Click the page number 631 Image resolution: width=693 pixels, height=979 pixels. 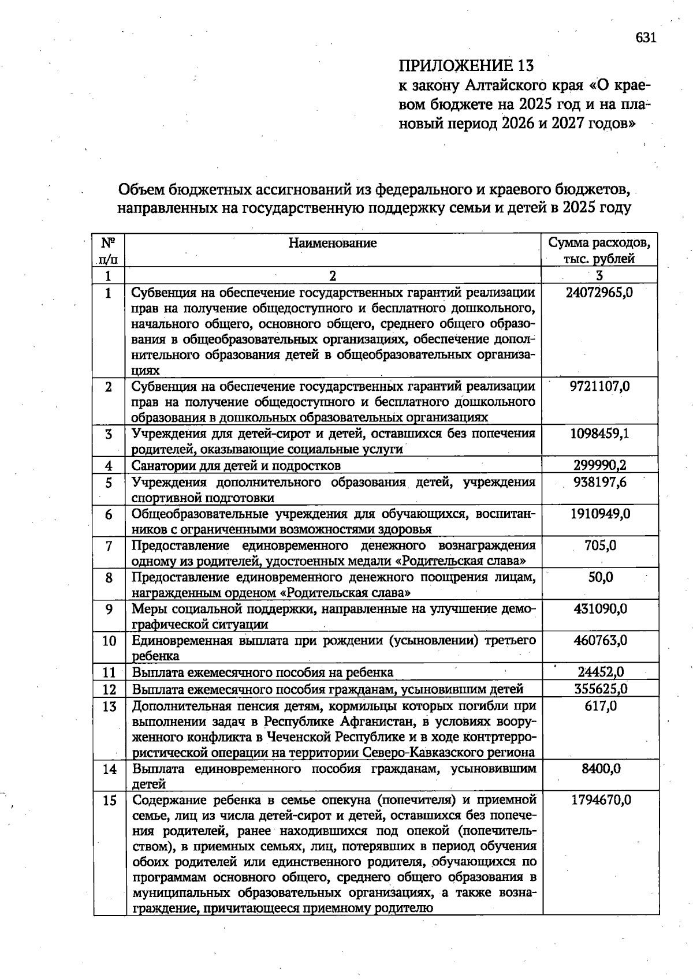[x=646, y=38]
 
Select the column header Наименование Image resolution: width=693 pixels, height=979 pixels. [x=333, y=243]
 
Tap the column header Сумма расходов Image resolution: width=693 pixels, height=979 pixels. [x=599, y=243]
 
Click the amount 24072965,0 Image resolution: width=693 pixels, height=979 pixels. [x=599, y=293]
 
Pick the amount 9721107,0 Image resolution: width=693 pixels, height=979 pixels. [x=599, y=386]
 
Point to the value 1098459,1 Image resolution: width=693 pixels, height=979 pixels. [x=599, y=434]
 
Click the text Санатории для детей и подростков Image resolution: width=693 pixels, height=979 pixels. [x=236, y=465]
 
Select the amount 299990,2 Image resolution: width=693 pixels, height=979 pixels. [x=599, y=465]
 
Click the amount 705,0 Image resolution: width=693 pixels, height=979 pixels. [x=600, y=545]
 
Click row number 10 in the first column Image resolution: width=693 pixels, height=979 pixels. [x=109, y=641]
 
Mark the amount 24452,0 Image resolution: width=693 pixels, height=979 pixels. [x=601, y=672]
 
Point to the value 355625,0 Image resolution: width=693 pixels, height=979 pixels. [x=601, y=689]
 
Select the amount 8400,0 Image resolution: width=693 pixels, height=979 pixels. [x=601, y=769]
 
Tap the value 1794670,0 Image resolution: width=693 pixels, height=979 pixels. [x=601, y=800]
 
